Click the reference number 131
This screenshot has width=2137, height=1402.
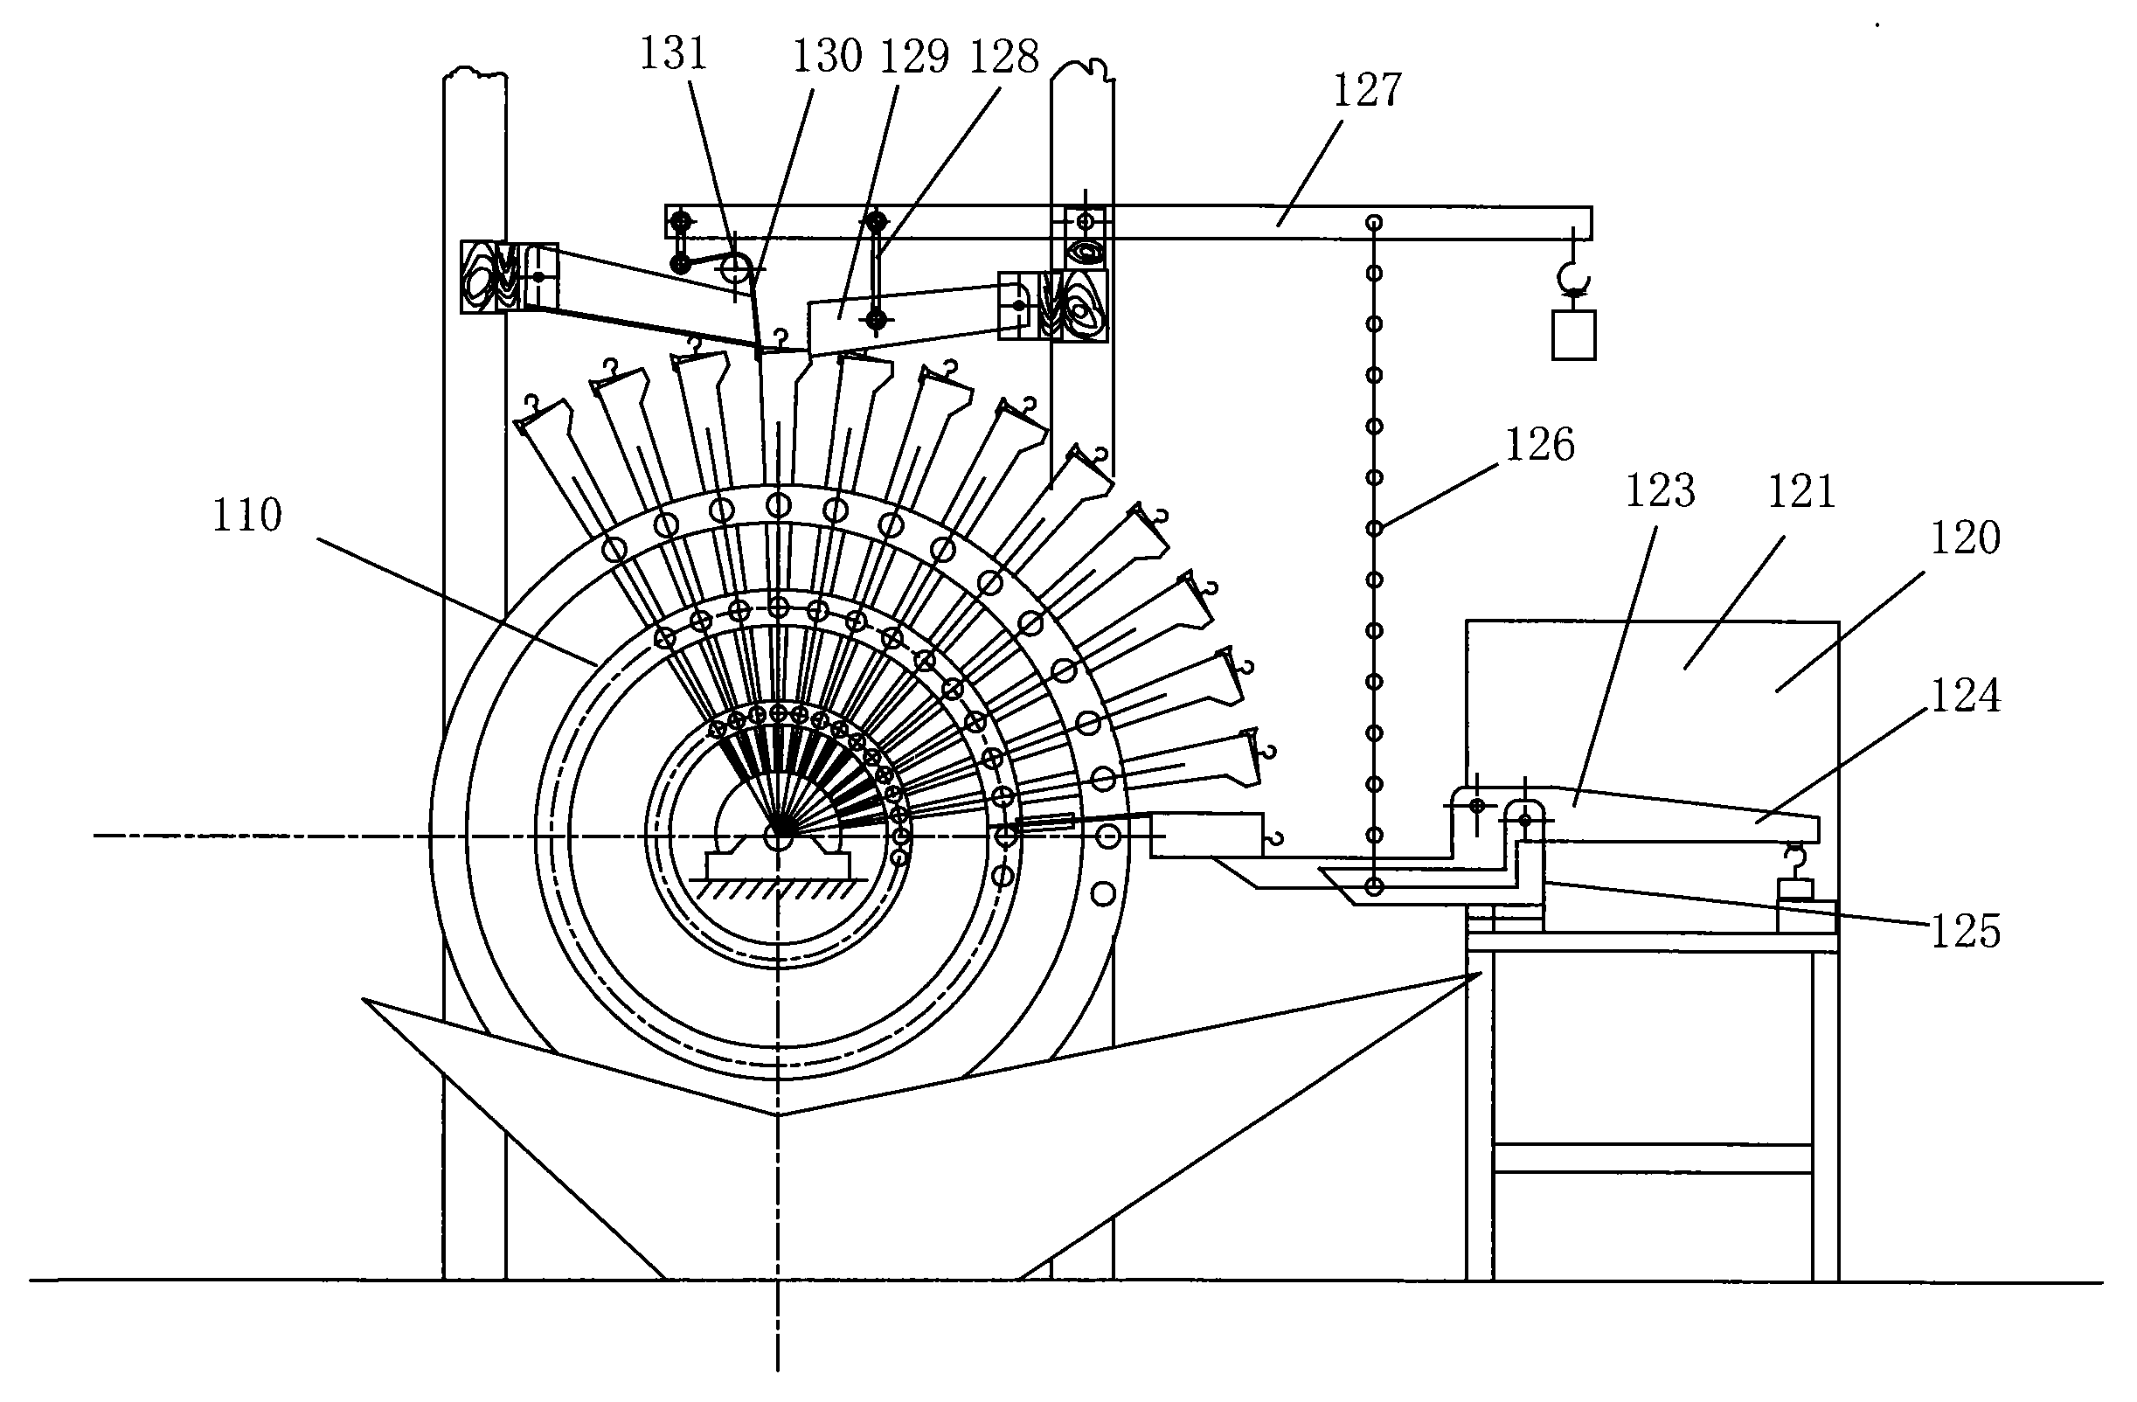coord(673,53)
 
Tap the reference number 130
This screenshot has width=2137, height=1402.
coord(827,56)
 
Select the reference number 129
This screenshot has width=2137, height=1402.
coord(914,57)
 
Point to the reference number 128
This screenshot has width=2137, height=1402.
coord(1004,57)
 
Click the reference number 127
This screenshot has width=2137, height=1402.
coord(1367,90)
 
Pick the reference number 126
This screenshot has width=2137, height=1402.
coord(1540,445)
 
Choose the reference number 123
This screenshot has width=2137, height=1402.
coord(1660,491)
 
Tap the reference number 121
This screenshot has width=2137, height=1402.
coord(1801,491)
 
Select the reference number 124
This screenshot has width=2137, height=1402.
coord(1966,696)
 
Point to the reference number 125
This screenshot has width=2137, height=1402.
coord(1966,932)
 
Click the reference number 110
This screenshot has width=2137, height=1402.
coord(247,516)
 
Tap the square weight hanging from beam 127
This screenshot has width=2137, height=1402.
coord(1574,335)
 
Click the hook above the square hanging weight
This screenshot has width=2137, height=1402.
coord(1572,278)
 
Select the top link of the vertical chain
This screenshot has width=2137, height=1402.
coord(1374,222)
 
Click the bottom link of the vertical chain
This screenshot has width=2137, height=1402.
coord(1373,887)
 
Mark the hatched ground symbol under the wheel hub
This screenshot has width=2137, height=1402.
coord(779,887)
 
